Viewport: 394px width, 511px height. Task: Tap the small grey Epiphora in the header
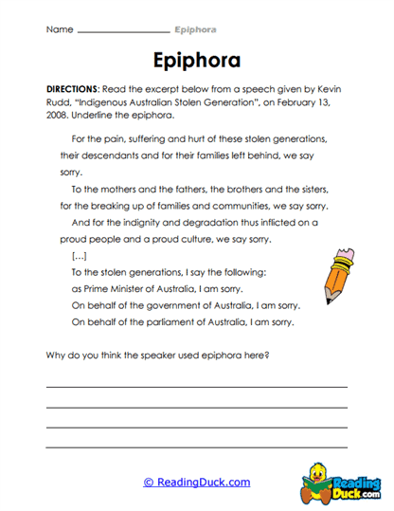click(196, 29)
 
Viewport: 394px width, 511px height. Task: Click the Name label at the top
click(59, 29)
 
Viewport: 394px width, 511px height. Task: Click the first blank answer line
click(196, 388)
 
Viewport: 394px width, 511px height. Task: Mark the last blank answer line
click(196, 445)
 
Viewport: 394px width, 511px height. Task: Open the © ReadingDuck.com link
click(197, 482)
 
